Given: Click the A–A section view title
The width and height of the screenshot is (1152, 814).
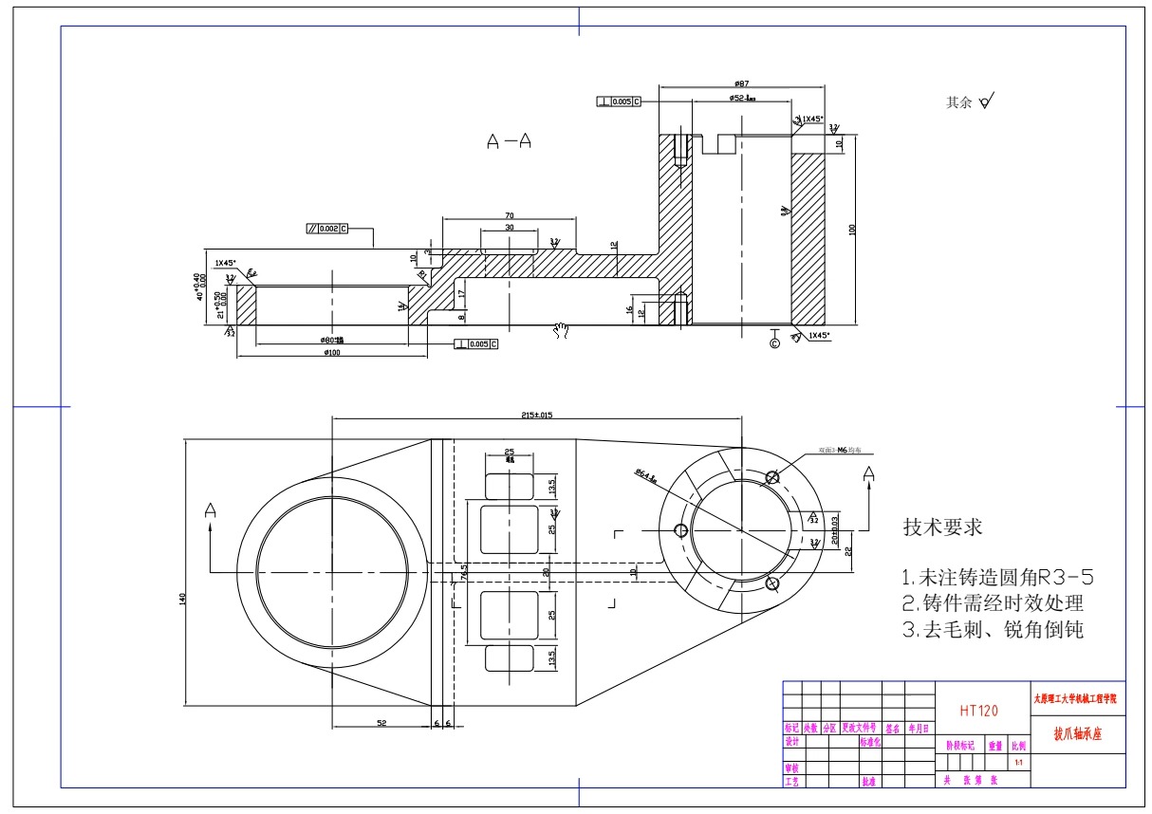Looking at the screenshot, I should [509, 141].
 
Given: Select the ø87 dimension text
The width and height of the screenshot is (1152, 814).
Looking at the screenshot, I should [742, 83].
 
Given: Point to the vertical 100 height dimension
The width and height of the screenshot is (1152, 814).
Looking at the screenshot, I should [852, 229].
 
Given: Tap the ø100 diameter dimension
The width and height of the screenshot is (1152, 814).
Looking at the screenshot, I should [331, 352].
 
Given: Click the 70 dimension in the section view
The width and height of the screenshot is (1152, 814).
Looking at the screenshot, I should [509, 216].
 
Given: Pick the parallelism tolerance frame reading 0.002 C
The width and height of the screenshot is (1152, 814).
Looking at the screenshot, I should [327, 229].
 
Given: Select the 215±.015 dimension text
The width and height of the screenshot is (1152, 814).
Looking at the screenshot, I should [537, 416].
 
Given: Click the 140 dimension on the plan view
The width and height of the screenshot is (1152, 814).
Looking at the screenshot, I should [182, 598].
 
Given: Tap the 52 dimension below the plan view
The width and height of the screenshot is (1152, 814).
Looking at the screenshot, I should [381, 723].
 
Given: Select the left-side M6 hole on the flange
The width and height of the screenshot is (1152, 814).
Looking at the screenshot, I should [679, 529].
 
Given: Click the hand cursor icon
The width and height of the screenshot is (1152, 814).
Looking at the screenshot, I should [561, 329].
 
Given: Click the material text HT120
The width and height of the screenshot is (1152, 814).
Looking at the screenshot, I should [978, 710].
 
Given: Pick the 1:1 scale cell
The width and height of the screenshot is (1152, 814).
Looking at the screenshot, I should [1018, 762].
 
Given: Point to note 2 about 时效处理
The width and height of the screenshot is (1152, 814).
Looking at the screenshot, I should [992, 602].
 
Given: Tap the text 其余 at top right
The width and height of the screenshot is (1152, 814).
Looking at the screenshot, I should [958, 102].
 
